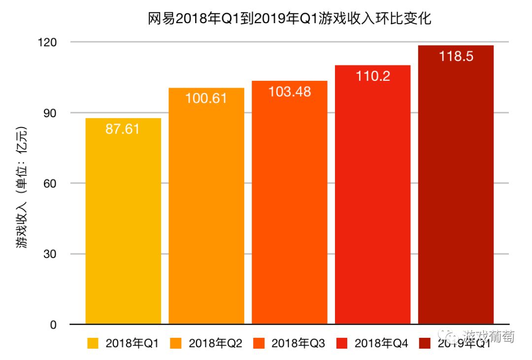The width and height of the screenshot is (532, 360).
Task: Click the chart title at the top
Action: point(290,19)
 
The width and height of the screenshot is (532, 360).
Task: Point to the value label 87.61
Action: point(123,129)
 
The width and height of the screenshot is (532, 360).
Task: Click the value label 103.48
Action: point(289,92)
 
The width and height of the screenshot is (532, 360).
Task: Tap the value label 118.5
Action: point(456,56)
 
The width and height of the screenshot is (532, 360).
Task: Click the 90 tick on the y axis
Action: point(51,113)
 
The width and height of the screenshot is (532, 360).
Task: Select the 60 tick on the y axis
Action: point(51,183)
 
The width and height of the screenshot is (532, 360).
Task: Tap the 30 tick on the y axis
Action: point(51,254)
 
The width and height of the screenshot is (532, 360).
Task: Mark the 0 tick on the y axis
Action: point(54,325)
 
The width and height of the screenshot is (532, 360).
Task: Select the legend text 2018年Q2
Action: point(215,344)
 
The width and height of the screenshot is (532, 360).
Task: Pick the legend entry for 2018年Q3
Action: point(289,344)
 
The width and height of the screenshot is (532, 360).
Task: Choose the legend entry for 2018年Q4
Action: point(372,344)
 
